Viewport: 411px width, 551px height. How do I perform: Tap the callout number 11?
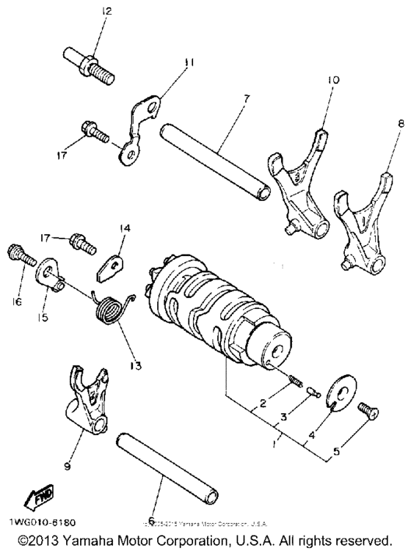tap(189, 64)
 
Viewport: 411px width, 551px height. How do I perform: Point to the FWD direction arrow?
tap(36, 500)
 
